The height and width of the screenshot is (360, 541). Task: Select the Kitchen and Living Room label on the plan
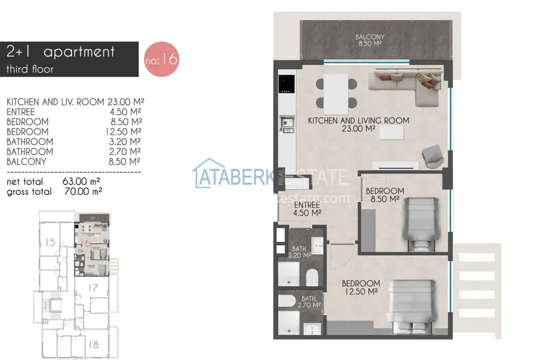[358, 124]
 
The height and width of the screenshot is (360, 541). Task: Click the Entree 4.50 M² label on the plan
[306, 209]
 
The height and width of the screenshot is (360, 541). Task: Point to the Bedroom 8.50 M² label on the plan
[384, 195]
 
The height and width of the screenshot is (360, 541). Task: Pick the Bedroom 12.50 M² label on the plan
[360, 287]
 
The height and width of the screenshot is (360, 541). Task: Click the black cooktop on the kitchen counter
[286, 83]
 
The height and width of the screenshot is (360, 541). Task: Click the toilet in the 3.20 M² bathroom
[312, 277]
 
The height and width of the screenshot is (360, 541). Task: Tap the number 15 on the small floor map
[50, 242]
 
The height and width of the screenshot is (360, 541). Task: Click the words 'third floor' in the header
[30, 69]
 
